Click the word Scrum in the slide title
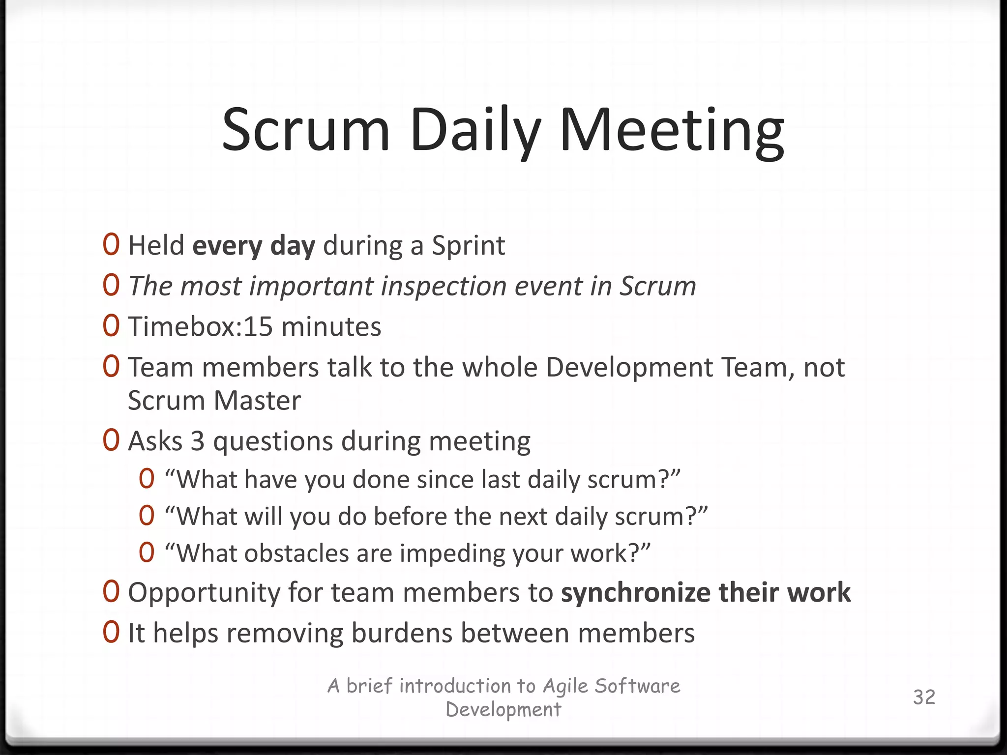point(306,130)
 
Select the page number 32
point(924,697)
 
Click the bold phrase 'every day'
point(254,245)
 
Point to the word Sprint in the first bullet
point(468,245)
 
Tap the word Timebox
point(182,326)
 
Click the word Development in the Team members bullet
point(629,368)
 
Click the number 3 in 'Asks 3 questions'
point(198,441)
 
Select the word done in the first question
point(374,479)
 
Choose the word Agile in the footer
point(565,686)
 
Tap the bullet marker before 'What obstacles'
point(147,552)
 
